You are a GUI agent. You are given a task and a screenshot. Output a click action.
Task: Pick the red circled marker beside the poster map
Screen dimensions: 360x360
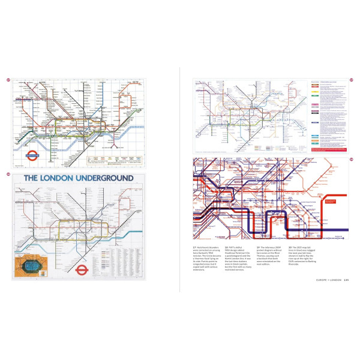point(8,175)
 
